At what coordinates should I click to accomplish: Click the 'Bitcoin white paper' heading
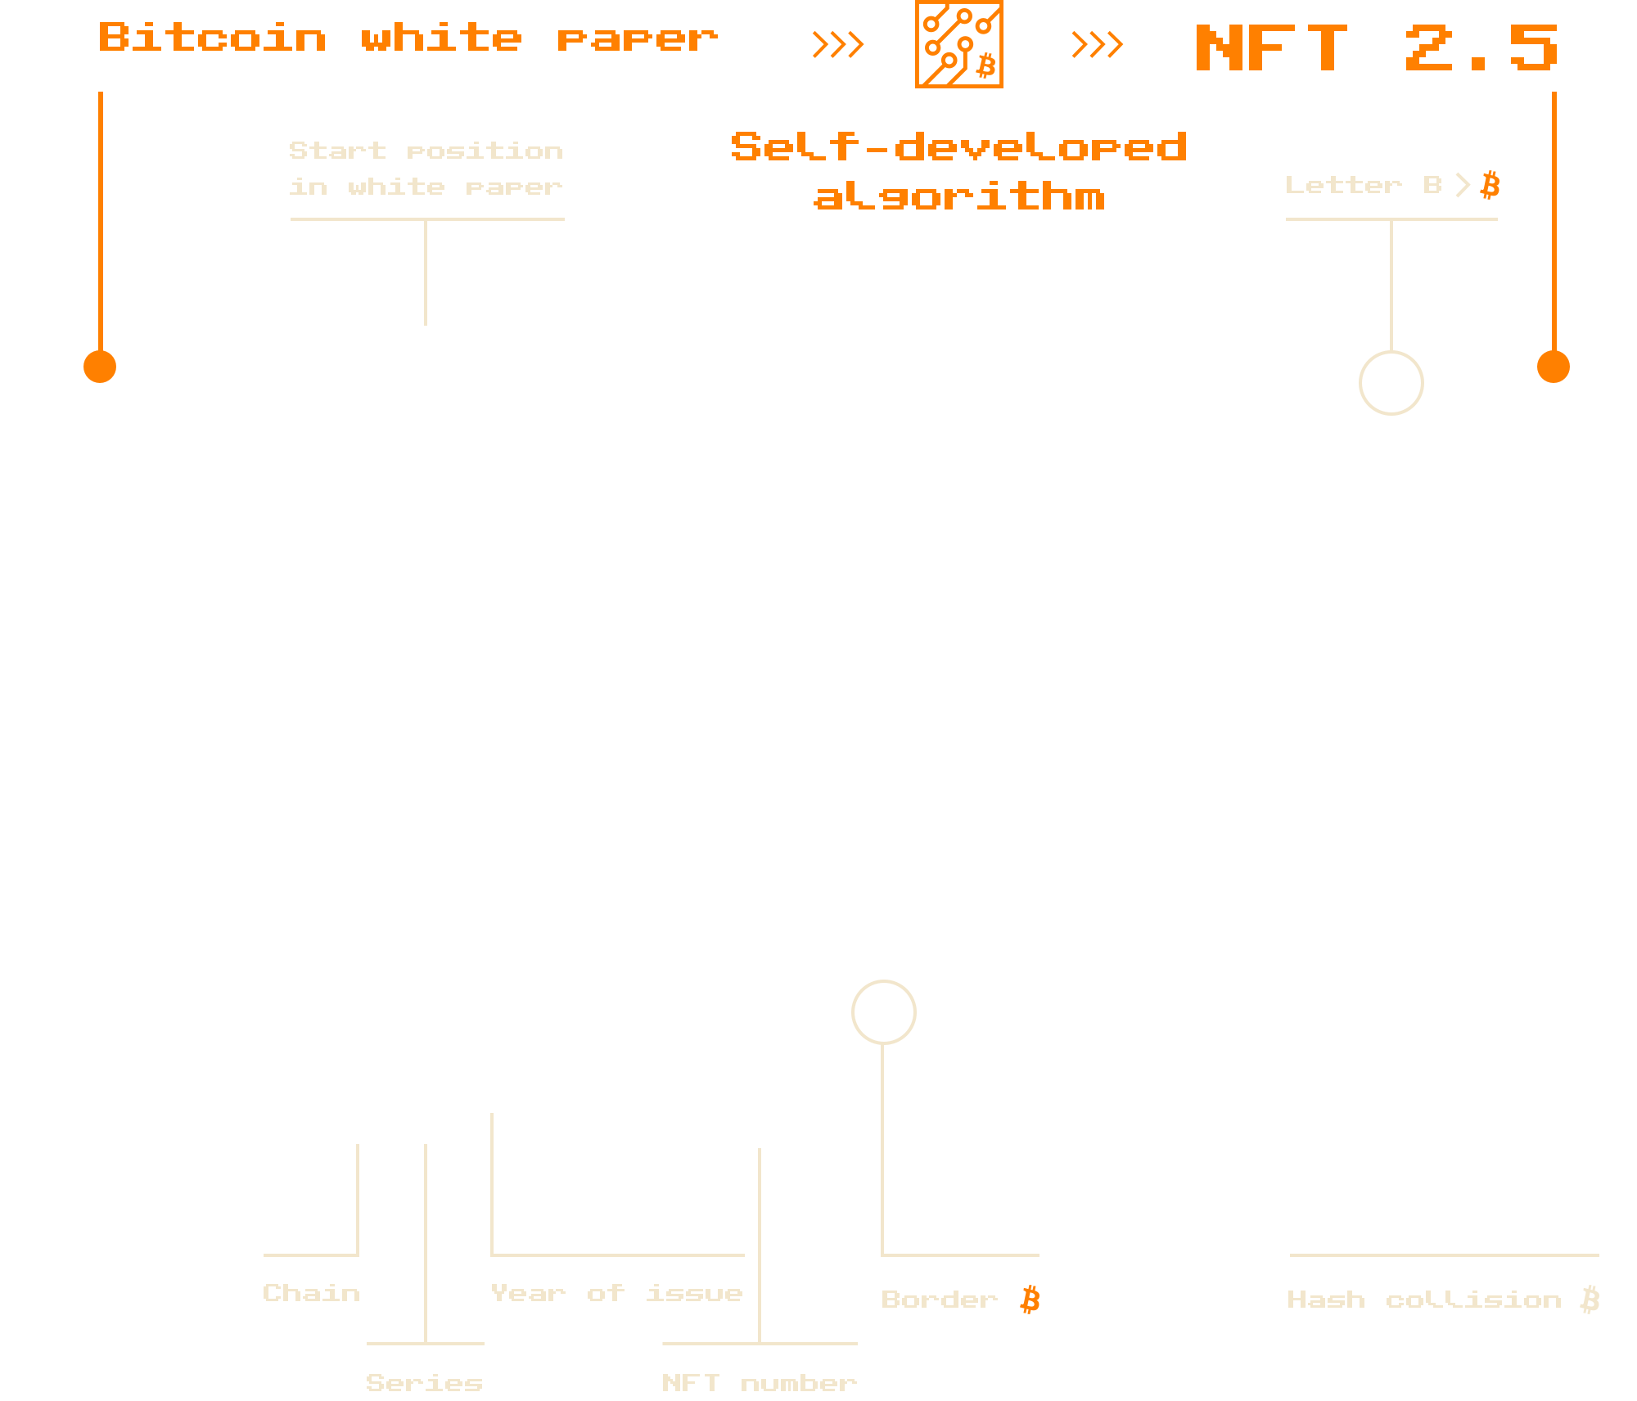(408, 38)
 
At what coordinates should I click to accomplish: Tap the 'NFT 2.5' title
(1376, 48)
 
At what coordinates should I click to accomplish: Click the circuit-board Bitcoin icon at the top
(958, 44)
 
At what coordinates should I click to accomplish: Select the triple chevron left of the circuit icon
(837, 44)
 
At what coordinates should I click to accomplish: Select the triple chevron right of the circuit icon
(1097, 44)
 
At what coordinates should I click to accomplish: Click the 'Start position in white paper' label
(426, 169)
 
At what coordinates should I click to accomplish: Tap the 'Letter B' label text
(1363, 185)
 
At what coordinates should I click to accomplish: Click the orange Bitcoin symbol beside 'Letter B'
(1490, 185)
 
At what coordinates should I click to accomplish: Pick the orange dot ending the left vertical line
(100, 367)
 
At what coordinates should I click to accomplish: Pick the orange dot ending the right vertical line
(1553, 367)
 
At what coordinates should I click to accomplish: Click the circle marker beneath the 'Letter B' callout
(1391, 382)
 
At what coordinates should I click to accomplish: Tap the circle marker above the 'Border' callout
(883, 1011)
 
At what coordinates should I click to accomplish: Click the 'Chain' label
(311, 1293)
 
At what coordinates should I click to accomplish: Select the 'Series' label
(424, 1382)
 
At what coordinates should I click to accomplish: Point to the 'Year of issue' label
(616, 1293)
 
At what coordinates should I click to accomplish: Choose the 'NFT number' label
(759, 1382)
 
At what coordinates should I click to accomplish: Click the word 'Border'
(939, 1300)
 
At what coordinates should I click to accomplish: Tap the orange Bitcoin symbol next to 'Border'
(1030, 1300)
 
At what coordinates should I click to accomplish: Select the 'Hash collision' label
(1424, 1300)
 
